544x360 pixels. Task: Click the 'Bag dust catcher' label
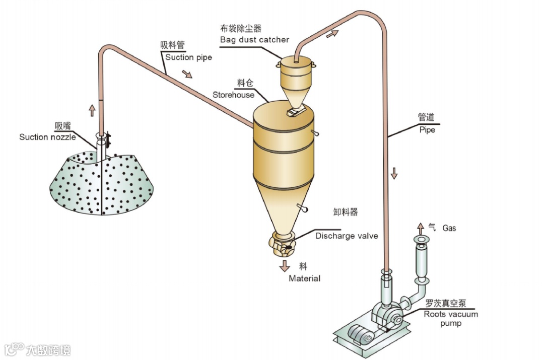pyautogui.click(x=254, y=39)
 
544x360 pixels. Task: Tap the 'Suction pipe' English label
pyautogui.click(x=189, y=57)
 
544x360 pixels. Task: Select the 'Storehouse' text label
pyautogui.click(x=233, y=95)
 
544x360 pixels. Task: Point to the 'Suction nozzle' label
pyautogui.click(x=48, y=137)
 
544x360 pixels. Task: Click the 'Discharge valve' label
pyautogui.click(x=347, y=236)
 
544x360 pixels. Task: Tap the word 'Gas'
pyautogui.click(x=449, y=228)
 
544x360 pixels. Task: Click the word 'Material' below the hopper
pyautogui.click(x=304, y=278)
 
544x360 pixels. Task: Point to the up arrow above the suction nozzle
pyautogui.click(x=92, y=110)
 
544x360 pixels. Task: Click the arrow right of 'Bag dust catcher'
pyautogui.click(x=332, y=34)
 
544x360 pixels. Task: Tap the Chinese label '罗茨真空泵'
pyautogui.click(x=446, y=304)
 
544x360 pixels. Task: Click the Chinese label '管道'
pyautogui.click(x=426, y=117)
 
